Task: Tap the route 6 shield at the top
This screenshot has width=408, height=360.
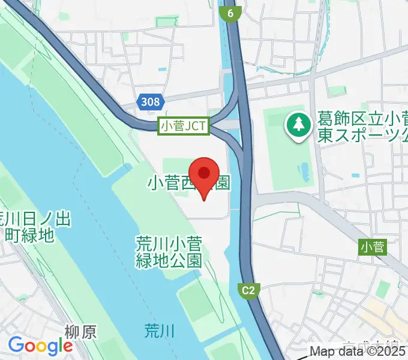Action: click(230, 13)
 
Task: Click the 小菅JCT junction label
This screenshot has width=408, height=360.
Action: click(184, 126)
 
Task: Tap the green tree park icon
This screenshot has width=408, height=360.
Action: click(298, 125)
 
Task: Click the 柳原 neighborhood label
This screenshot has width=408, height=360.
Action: click(80, 331)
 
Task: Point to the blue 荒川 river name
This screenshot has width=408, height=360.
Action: click(160, 329)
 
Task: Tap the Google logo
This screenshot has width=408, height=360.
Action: click(40, 345)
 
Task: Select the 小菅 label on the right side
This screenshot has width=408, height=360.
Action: click(373, 246)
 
